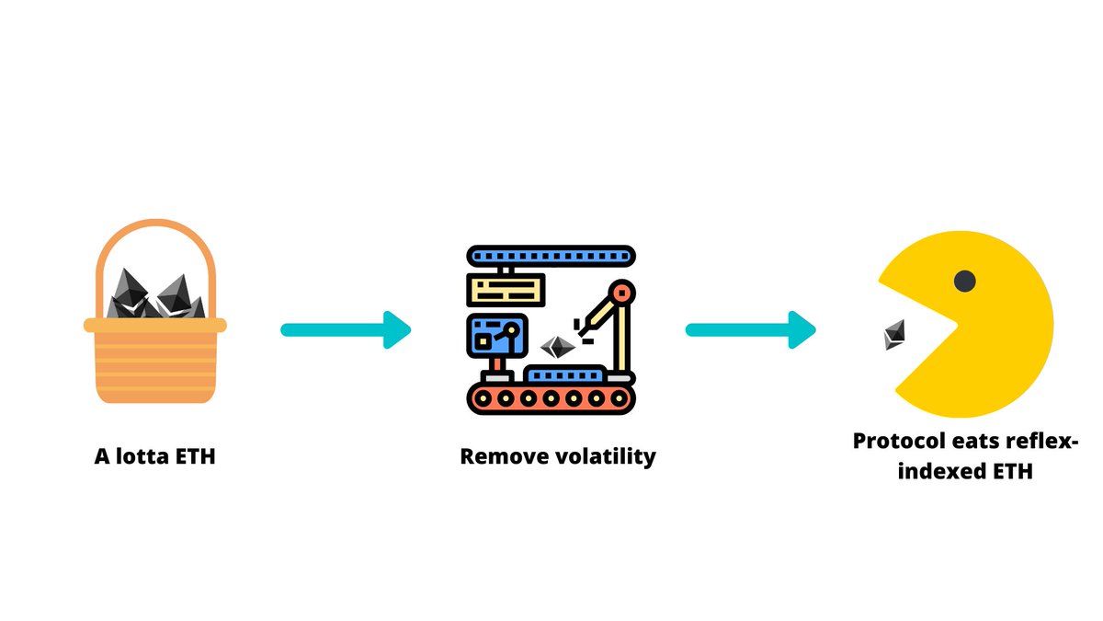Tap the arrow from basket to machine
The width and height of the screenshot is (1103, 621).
346,329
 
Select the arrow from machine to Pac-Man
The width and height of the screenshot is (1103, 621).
750,329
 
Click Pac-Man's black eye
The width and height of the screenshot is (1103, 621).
964,281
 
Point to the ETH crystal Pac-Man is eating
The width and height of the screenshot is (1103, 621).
894,335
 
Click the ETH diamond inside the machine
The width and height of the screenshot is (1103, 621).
557,347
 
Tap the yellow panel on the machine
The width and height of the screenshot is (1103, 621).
506,291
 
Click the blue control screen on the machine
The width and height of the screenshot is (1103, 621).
497,336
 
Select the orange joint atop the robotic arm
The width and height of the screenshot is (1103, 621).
622,293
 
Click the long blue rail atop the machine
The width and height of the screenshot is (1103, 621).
551,257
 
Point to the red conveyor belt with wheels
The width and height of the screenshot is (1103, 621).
551,398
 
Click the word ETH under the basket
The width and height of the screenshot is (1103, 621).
196,456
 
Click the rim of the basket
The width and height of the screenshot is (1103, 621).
155,326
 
